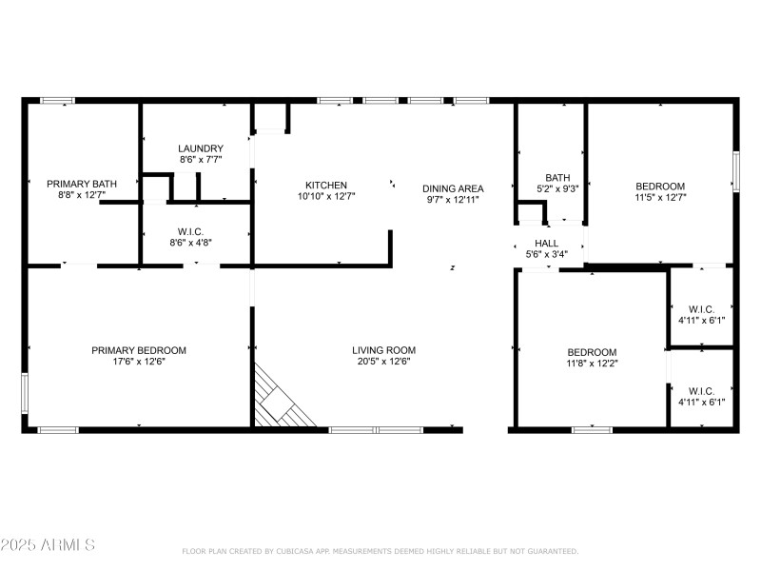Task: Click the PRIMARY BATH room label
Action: (x=84, y=184)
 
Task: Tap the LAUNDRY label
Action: (x=201, y=148)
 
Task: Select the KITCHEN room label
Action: (x=326, y=185)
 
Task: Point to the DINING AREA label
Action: (x=453, y=188)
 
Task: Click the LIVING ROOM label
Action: (x=383, y=350)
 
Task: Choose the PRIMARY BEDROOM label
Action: (x=139, y=350)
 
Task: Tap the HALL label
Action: (x=547, y=244)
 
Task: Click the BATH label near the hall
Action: (x=557, y=178)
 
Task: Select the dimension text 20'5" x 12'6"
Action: (x=383, y=362)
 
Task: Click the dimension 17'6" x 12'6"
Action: (x=139, y=362)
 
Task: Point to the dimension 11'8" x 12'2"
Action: (x=592, y=364)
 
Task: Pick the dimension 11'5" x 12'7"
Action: (x=660, y=197)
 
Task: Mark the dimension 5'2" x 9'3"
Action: (x=557, y=189)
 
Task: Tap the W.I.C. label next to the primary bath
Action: (x=198, y=231)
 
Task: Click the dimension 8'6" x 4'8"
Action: (x=198, y=243)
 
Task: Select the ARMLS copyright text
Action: (x=49, y=545)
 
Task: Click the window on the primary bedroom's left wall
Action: (x=26, y=389)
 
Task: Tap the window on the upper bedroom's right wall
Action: (x=735, y=170)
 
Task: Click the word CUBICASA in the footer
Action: (x=300, y=551)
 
